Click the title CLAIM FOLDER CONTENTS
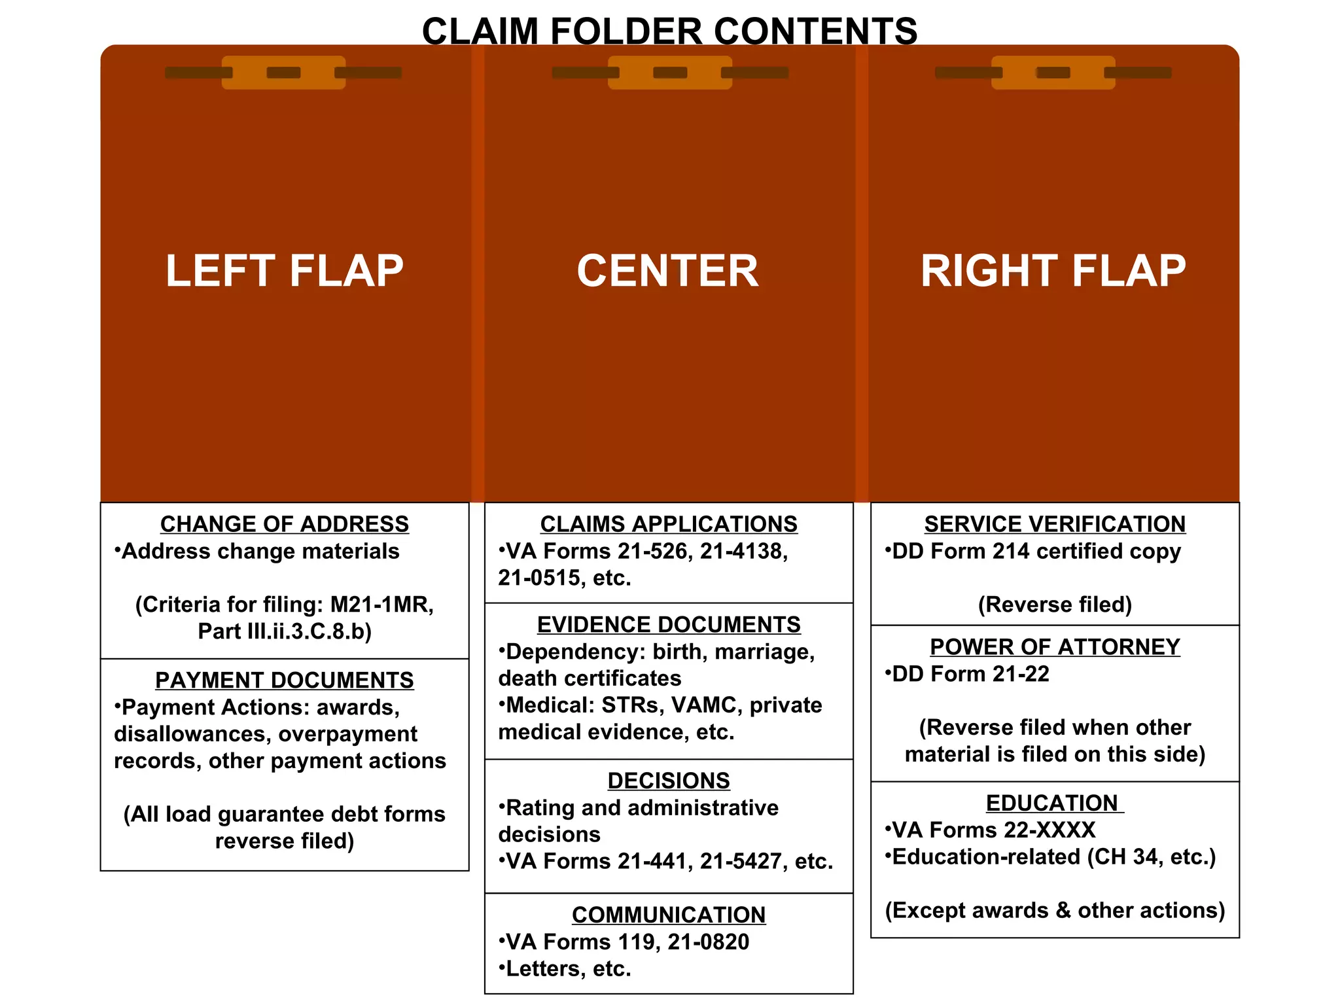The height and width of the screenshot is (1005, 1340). click(669, 31)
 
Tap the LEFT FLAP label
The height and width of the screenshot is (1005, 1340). click(285, 271)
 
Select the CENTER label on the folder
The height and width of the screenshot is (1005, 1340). click(668, 271)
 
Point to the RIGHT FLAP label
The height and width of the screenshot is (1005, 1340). click(1053, 271)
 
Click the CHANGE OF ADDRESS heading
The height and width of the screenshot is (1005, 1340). click(285, 524)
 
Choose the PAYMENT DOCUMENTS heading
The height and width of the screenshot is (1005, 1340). click(285, 680)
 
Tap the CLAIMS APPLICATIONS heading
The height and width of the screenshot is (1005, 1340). click(669, 524)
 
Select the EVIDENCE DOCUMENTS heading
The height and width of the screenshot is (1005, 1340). click(669, 625)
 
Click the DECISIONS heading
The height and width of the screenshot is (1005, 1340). click(669, 781)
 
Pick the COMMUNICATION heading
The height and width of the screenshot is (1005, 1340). click(669, 915)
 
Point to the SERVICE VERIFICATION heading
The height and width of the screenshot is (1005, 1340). click(1055, 524)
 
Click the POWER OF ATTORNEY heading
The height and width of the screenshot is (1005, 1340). click(1055, 647)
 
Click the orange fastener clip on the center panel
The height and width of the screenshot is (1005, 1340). click(670, 73)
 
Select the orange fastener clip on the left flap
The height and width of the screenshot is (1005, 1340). click(283, 73)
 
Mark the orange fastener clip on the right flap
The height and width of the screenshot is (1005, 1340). click(1053, 73)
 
